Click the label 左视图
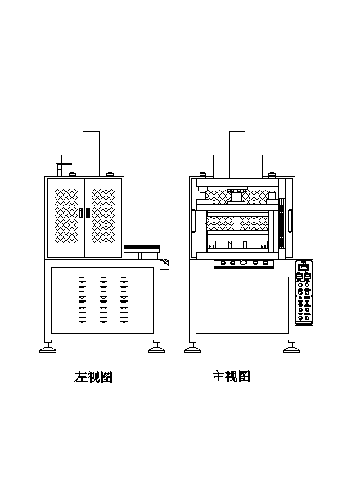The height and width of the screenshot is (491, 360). tap(93, 377)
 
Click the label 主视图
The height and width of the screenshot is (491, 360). tap(231, 376)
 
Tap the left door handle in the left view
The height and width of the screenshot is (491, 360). tap(81, 214)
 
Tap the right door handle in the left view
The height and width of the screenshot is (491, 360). tap(88, 214)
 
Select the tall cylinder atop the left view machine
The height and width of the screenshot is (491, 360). tap(91, 154)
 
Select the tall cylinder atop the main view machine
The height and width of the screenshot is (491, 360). tap(237, 155)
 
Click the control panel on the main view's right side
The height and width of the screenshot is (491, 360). tap(304, 292)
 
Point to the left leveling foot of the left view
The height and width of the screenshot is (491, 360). tap(48, 349)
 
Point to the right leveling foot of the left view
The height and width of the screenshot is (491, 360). tap(156, 349)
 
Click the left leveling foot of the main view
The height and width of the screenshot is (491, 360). tap(192, 349)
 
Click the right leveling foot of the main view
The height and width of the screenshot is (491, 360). tap(291, 349)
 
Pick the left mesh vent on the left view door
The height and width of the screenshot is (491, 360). tap(66, 216)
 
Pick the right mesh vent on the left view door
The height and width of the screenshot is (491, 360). tap(103, 216)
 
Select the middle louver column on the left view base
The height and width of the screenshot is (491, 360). tap(103, 300)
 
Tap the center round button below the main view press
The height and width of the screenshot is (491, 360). tap(243, 263)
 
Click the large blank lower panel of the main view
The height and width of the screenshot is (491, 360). tap(242, 305)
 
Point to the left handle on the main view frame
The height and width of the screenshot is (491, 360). tap(194, 221)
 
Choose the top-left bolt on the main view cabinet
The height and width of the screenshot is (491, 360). tap(203, 173)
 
